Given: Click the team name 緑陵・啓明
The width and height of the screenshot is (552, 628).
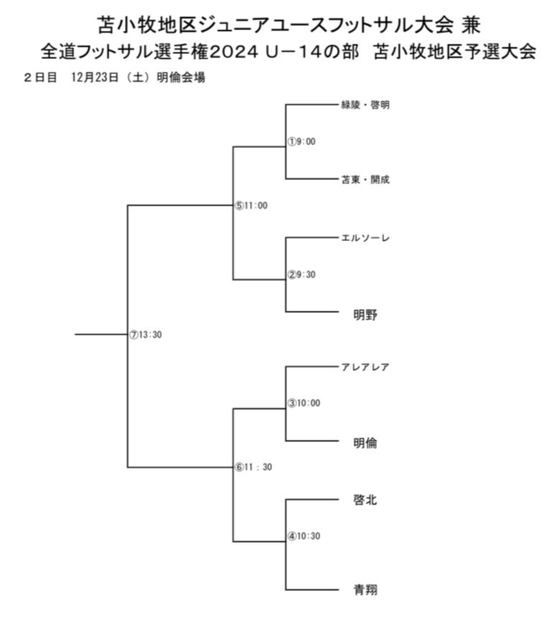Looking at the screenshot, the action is (365, 105).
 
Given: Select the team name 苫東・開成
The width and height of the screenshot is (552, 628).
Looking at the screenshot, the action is (365, 180).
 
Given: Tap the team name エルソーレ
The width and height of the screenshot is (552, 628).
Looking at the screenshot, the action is (365, 238).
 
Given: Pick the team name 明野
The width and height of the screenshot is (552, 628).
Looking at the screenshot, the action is (365, 315).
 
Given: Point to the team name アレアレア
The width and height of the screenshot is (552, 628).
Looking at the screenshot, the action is (365, 367).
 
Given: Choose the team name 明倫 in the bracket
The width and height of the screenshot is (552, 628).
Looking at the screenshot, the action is (365, 443).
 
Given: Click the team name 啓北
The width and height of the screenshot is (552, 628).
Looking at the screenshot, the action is (365, 500).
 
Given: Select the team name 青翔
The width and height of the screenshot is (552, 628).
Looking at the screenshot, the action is (365, 589).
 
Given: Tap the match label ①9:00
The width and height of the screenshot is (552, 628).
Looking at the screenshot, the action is (302, 142).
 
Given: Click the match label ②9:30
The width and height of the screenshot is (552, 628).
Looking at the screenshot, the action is (302, 274).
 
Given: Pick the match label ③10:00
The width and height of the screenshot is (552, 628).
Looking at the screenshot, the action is (304, 403).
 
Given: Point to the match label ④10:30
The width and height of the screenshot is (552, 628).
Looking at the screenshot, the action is (304, 536).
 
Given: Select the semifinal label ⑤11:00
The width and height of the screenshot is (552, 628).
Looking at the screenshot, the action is (251, 205).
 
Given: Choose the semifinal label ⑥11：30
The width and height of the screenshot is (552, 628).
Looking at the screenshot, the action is (253, 467).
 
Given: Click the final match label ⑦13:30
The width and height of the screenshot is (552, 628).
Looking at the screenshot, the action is (145, 334).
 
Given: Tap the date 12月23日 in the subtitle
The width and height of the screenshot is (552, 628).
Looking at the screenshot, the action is (95, 77).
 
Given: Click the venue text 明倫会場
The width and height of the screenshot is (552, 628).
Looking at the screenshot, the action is (181, 77).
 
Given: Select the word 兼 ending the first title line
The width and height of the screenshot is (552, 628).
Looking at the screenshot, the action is (470, 25).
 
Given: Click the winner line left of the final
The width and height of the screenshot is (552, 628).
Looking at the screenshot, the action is (101, 334).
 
